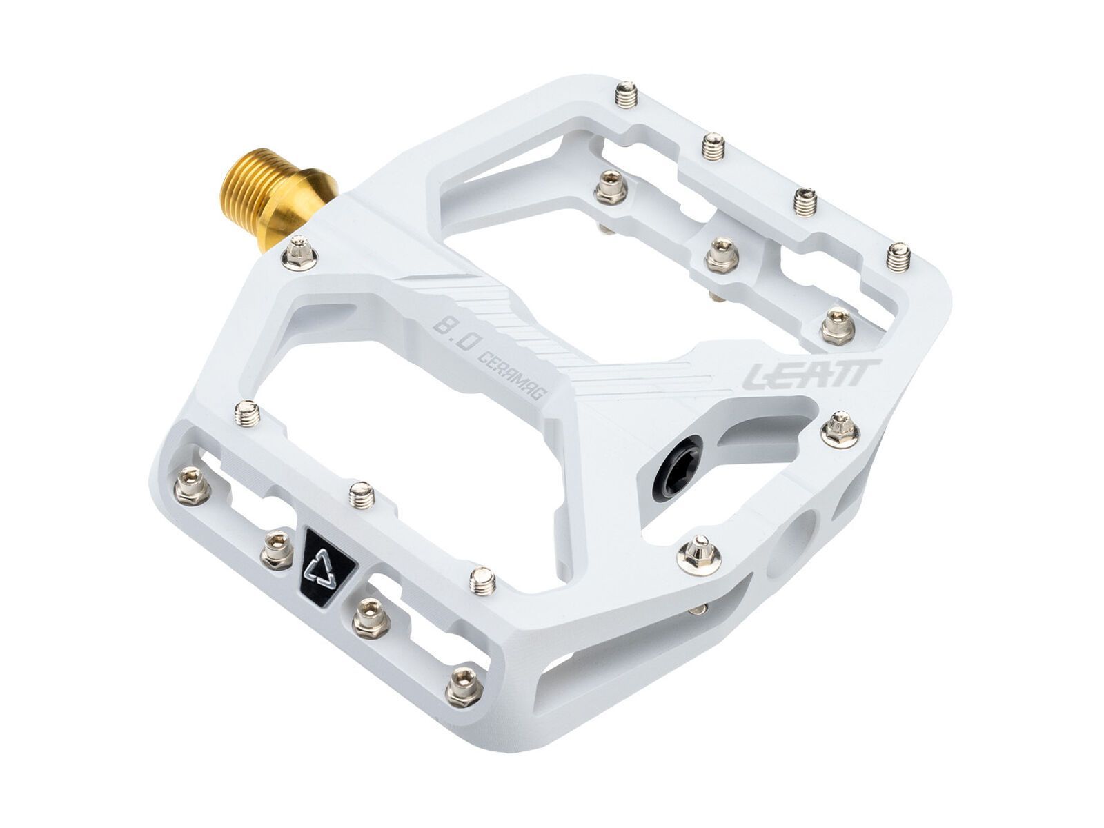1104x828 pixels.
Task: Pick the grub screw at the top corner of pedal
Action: coord(624,94)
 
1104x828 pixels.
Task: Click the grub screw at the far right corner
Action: coord(897,257)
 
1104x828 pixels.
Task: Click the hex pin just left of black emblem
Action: coord(276,550)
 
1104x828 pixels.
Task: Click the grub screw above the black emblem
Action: coord(361,493)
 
